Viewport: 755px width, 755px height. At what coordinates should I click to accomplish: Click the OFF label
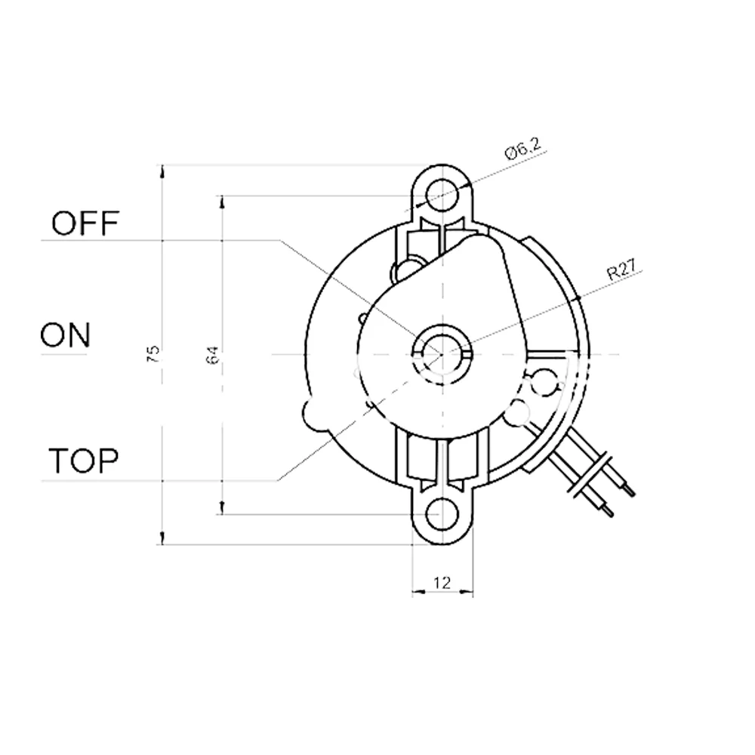85,223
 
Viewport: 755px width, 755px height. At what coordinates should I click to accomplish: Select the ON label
65,334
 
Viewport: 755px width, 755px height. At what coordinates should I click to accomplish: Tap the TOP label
84,460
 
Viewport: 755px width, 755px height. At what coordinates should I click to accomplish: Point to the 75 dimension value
153,354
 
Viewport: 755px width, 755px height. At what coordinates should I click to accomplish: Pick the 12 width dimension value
442,582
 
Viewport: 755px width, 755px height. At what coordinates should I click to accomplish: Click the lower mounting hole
443,514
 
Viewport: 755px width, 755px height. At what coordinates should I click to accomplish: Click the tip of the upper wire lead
632,495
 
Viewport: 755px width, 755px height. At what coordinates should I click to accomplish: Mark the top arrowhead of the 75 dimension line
162,170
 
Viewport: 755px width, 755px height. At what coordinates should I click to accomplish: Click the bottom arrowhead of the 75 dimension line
162,538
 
